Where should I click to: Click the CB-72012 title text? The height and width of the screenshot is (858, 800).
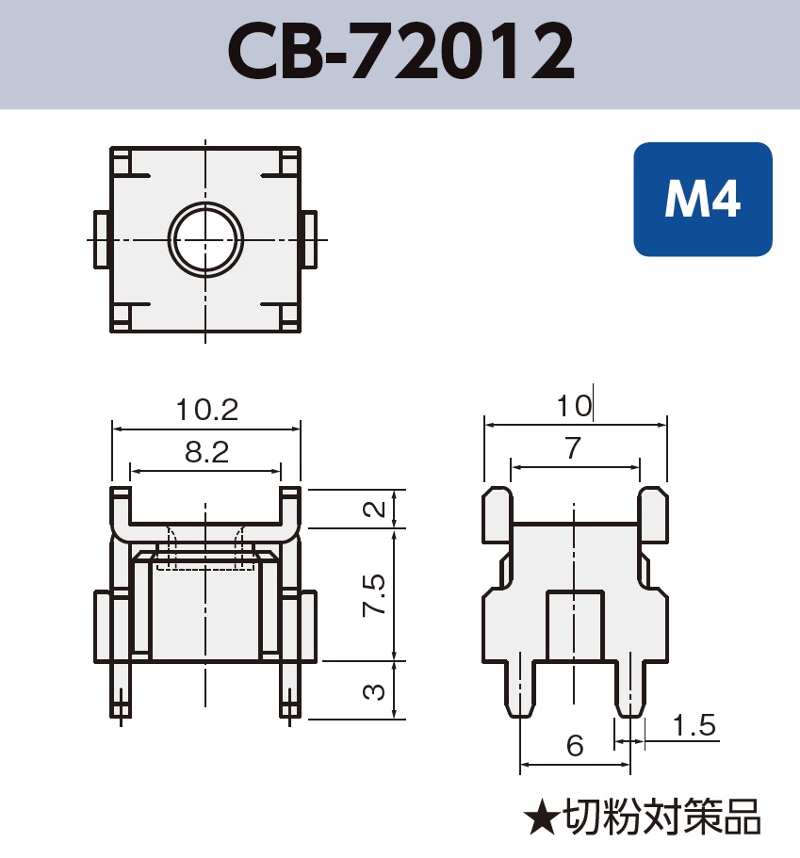(x=400, y=54)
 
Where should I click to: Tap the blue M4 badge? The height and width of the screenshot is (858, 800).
(x=702, y=200)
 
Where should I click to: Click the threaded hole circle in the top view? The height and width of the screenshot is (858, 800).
(x=205, y=239)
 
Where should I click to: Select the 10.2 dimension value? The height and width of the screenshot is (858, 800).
(x=206, y=411)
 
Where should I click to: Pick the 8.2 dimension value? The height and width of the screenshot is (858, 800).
(x=206, y=453)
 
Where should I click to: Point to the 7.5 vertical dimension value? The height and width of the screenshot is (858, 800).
(x=374, y=594)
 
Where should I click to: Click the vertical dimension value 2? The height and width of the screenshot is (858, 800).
(x=374, y=510)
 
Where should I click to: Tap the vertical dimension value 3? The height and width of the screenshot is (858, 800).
(x=374, y=691)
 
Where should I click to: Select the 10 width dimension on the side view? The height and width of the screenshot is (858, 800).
(x=574, y=406)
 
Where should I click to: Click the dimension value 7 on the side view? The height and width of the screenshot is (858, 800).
(x=573, y=449)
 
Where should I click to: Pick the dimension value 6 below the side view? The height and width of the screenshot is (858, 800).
(x=575, y=746)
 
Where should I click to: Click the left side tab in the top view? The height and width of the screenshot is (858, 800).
(x=101, y=239)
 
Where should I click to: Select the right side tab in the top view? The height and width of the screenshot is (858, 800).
(x=309, y=239)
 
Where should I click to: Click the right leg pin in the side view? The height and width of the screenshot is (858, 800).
(x=630, y=688)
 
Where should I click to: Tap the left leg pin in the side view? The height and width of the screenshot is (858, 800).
(x=519, y=688)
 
